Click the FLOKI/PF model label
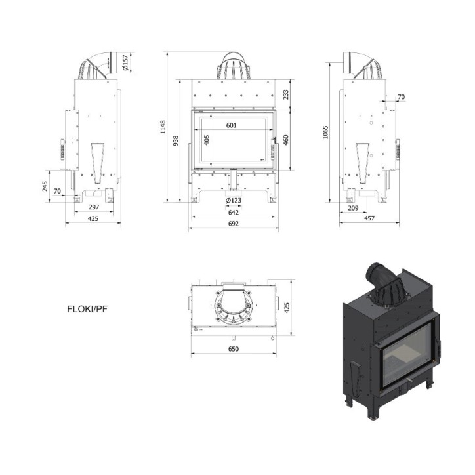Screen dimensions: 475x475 (87, 309)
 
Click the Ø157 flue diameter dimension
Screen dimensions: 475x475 (125, 63)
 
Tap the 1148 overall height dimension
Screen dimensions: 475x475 (163, 127)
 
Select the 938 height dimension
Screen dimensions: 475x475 (175, 141)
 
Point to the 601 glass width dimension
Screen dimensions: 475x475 (232, 125)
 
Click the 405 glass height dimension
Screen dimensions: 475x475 (207, 140)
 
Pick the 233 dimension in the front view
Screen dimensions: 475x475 (285, 94)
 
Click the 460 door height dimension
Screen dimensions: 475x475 (285, 140)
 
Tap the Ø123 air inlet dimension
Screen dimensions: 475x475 (234, 200)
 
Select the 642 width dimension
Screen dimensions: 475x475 (234, 212)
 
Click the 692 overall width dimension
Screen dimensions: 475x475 (234, 224)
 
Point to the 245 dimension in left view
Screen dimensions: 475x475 (45, 186)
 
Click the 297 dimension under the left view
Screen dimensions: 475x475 (94, 207)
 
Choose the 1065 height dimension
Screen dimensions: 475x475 (325, 133)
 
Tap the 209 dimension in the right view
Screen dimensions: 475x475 (353, 208)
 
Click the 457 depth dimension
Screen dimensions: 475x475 (369, 218)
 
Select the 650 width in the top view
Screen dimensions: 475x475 (234, 349)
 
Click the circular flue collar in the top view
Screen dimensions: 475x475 (234, 306)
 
